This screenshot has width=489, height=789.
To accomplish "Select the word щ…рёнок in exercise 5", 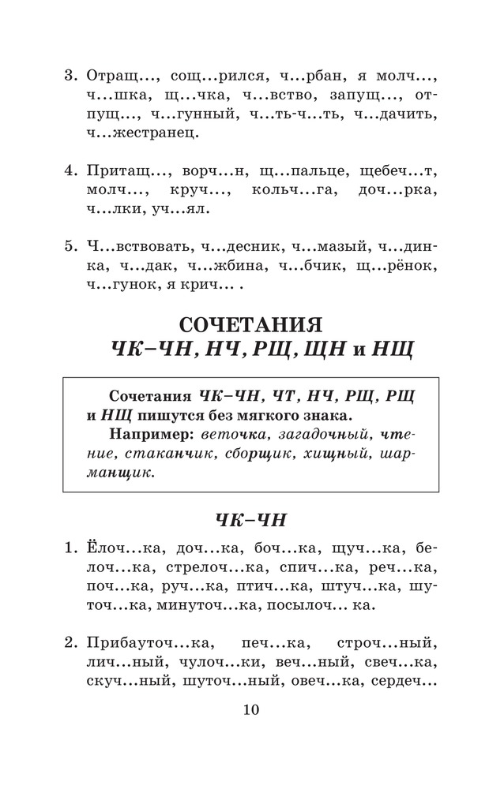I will coord(400,268).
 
